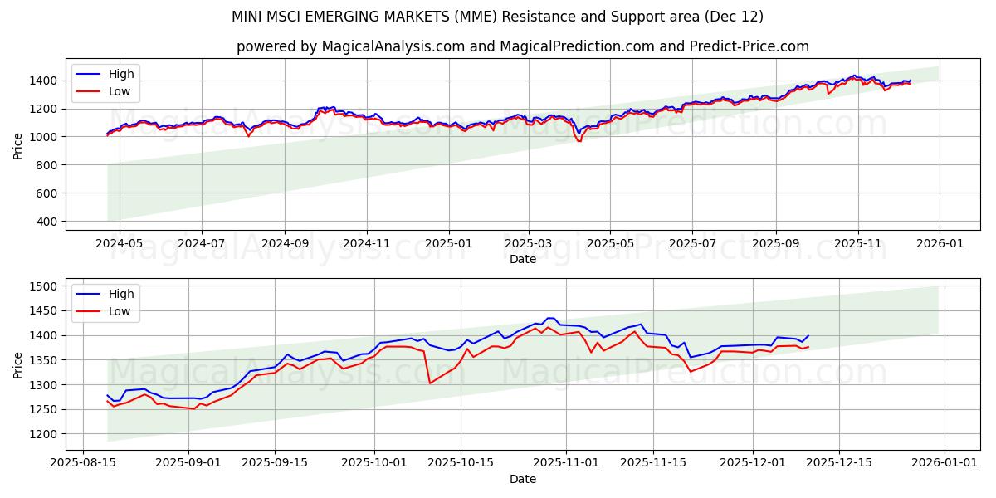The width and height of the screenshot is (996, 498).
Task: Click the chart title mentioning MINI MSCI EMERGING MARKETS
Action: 498,17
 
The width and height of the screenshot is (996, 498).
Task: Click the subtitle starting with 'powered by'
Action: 523,46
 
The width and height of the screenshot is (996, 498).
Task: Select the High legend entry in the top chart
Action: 121,74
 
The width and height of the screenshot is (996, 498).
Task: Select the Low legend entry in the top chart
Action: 120,91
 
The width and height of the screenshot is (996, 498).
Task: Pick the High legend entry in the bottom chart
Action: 121,293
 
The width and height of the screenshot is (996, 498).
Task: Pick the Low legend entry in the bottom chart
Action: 120,310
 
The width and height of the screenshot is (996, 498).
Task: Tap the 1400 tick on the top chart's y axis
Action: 42,81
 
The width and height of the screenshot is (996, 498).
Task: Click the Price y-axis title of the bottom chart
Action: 18,364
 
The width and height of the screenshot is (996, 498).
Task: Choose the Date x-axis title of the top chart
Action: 523,259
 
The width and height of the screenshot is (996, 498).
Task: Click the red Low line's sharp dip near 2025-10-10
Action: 429,383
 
